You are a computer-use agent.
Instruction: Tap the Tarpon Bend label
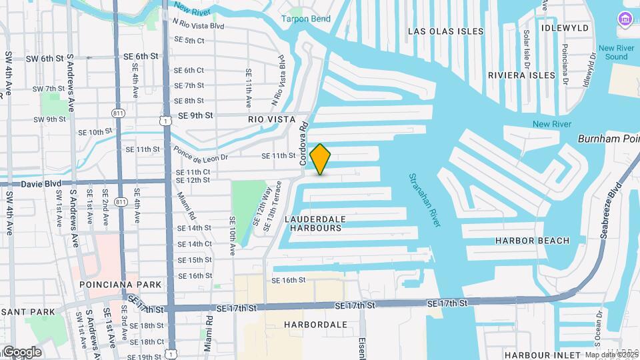pyautogui.click(x=305, y=19)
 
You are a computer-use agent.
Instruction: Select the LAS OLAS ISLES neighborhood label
pyautogui.click(x=443, y=31)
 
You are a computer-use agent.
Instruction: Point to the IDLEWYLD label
pyautogui.click(x=566, y=28)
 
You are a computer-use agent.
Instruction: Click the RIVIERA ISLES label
pyautogui.click(x=521, y=75)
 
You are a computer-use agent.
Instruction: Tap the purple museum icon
pyautogui.click(x=625, y=17)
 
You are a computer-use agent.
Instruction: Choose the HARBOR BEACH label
pyautogui.click(x=533, y=241)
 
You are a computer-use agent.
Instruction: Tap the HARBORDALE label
pyautogui.click(x=315, y=325)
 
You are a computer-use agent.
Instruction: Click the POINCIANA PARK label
pyautogui.click(x=121, y=285)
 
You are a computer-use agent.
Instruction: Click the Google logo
pyautogui.click(x=22, y=351)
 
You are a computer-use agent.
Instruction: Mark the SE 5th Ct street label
pyautogui.click(x=189, y=41)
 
